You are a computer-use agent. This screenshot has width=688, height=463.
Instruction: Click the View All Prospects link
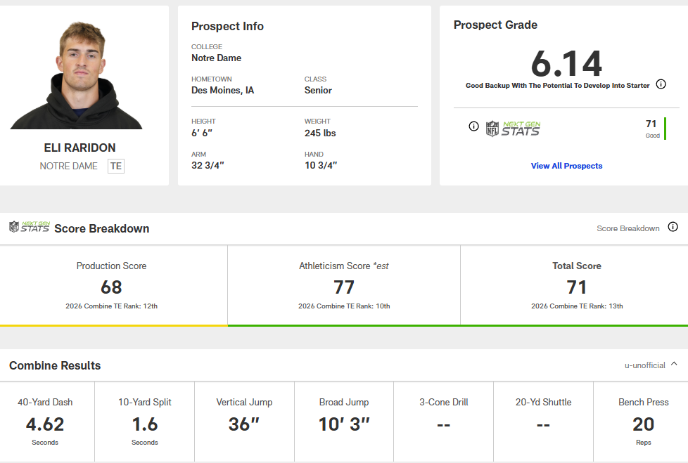[566, 166]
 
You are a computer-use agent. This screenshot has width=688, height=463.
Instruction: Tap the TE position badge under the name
[116, 166]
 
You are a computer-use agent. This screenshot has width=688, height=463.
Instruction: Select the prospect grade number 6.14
[566, 64]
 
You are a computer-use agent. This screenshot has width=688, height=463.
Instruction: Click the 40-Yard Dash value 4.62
[45, 424]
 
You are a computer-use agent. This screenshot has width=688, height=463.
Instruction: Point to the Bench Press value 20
[643, 424]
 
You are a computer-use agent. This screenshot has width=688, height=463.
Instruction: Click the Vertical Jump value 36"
[244, 424]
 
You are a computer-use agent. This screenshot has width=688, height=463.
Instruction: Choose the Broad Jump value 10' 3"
[344, 424]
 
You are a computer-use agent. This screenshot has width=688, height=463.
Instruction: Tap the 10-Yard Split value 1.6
[145, 424]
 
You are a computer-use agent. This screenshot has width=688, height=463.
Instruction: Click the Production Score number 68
[111, 287]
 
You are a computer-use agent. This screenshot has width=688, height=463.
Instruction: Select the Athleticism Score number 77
[344, 287]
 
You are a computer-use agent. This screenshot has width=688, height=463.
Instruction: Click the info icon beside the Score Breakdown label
[673, 227]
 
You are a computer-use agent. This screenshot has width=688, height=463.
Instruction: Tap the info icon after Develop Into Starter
[661, 84]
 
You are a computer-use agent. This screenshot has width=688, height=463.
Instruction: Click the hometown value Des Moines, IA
[223, 91]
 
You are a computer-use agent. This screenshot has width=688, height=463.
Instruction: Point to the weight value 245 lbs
[320, 133]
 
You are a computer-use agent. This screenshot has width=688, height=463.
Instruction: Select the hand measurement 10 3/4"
[321, 165]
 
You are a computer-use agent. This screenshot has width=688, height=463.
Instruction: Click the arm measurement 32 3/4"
[208, 165]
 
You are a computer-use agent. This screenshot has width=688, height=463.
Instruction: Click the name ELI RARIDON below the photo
[79, 148]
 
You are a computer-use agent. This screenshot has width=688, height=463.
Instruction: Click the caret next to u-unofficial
[674, 364]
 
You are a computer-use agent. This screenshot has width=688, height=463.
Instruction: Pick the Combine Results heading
[55, 365]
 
